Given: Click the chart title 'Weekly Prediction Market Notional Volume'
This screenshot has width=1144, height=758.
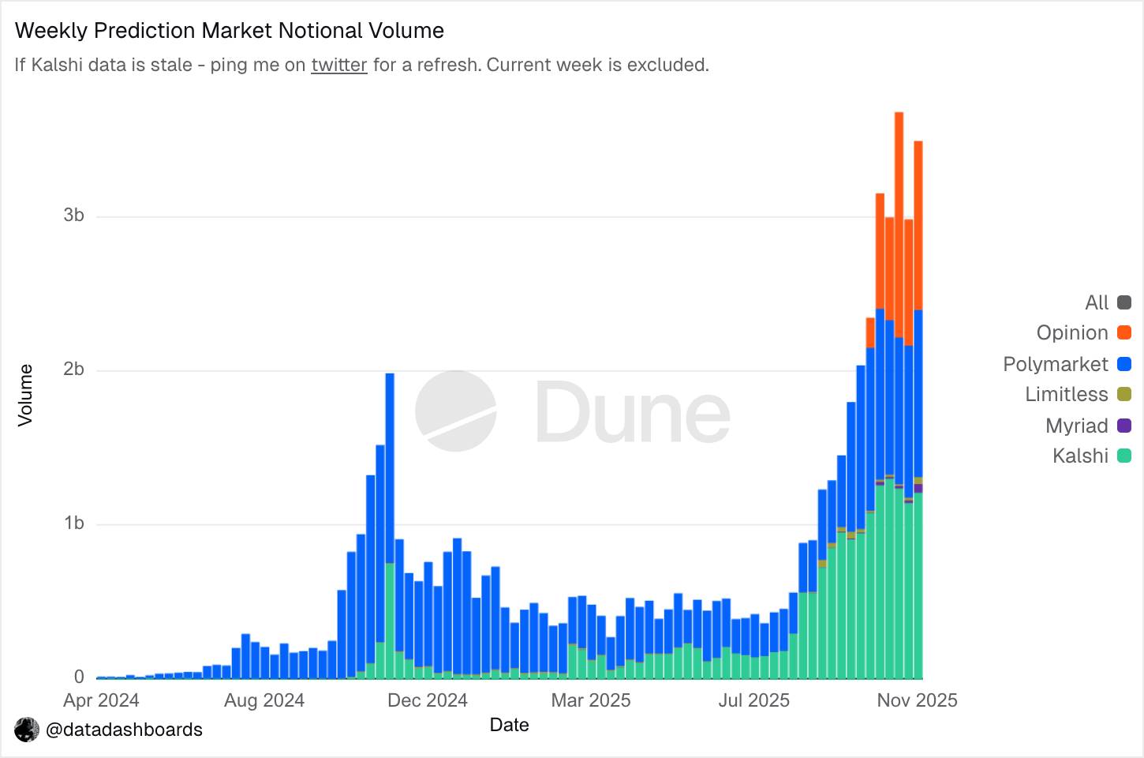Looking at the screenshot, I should [230, 31].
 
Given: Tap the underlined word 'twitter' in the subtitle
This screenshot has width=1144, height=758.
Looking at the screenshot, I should [339, 65].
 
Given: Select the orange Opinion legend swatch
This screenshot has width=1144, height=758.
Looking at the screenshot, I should [1124, 333].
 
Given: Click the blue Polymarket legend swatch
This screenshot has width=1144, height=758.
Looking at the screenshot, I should [1124, 364].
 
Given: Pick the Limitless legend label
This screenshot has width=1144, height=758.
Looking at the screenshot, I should [1066, 395].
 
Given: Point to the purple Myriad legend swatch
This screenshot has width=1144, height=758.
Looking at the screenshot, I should [1124, 426].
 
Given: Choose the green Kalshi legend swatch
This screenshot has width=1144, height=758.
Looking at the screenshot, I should [1124, 456].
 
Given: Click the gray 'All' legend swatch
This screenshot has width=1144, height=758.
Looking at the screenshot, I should [1124, 302].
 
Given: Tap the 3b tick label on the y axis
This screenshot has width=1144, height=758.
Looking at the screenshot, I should [74, 216].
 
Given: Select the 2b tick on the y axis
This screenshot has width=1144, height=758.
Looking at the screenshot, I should [74, 370].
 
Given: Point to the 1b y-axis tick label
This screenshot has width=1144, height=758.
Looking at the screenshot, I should [74, 523].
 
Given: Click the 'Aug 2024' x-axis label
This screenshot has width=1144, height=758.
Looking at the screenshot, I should [264, 700].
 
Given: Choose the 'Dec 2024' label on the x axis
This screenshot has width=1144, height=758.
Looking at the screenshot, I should [428, 700].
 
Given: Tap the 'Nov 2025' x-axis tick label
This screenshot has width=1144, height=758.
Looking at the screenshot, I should [917, 700].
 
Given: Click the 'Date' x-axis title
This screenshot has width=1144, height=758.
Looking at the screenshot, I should [509, 725].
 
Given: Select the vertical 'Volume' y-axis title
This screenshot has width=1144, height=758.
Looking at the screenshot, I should [25, 395].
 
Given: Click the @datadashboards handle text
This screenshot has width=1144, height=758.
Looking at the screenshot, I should [125, 730].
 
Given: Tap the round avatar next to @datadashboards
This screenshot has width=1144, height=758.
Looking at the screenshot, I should [27, 730].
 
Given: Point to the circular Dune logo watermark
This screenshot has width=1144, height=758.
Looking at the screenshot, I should [456, 411].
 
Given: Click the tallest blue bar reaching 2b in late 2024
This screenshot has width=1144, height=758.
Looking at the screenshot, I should [390, 474].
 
